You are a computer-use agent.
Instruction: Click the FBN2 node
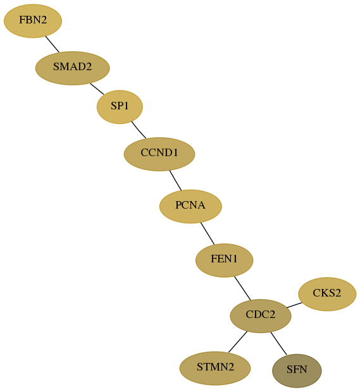(33, 21)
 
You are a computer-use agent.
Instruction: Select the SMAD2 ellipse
(73, 68)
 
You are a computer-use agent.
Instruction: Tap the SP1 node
(120, 107)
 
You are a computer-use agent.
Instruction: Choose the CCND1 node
(159, 154)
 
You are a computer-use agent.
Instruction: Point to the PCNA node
(190, 206)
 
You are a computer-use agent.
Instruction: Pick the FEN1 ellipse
(225, 260)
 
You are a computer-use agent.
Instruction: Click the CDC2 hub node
(261, 315)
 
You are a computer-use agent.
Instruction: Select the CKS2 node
(327, 294)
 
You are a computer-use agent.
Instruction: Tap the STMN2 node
(215, 368)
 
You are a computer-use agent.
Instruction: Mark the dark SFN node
(297, 371)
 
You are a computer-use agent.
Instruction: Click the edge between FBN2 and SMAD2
(53, 44)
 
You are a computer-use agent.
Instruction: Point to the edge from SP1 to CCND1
(139, 130)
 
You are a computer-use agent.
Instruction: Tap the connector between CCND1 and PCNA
(175, 180)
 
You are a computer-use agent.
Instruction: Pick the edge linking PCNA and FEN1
(208, 233)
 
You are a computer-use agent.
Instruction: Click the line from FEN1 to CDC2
(242, 288)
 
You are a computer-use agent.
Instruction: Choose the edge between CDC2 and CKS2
(294, 305)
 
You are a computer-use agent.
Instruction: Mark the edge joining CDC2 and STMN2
(238, 342)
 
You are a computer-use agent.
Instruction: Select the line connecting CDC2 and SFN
(278, 343)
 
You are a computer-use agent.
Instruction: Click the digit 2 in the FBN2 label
(44, 20)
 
